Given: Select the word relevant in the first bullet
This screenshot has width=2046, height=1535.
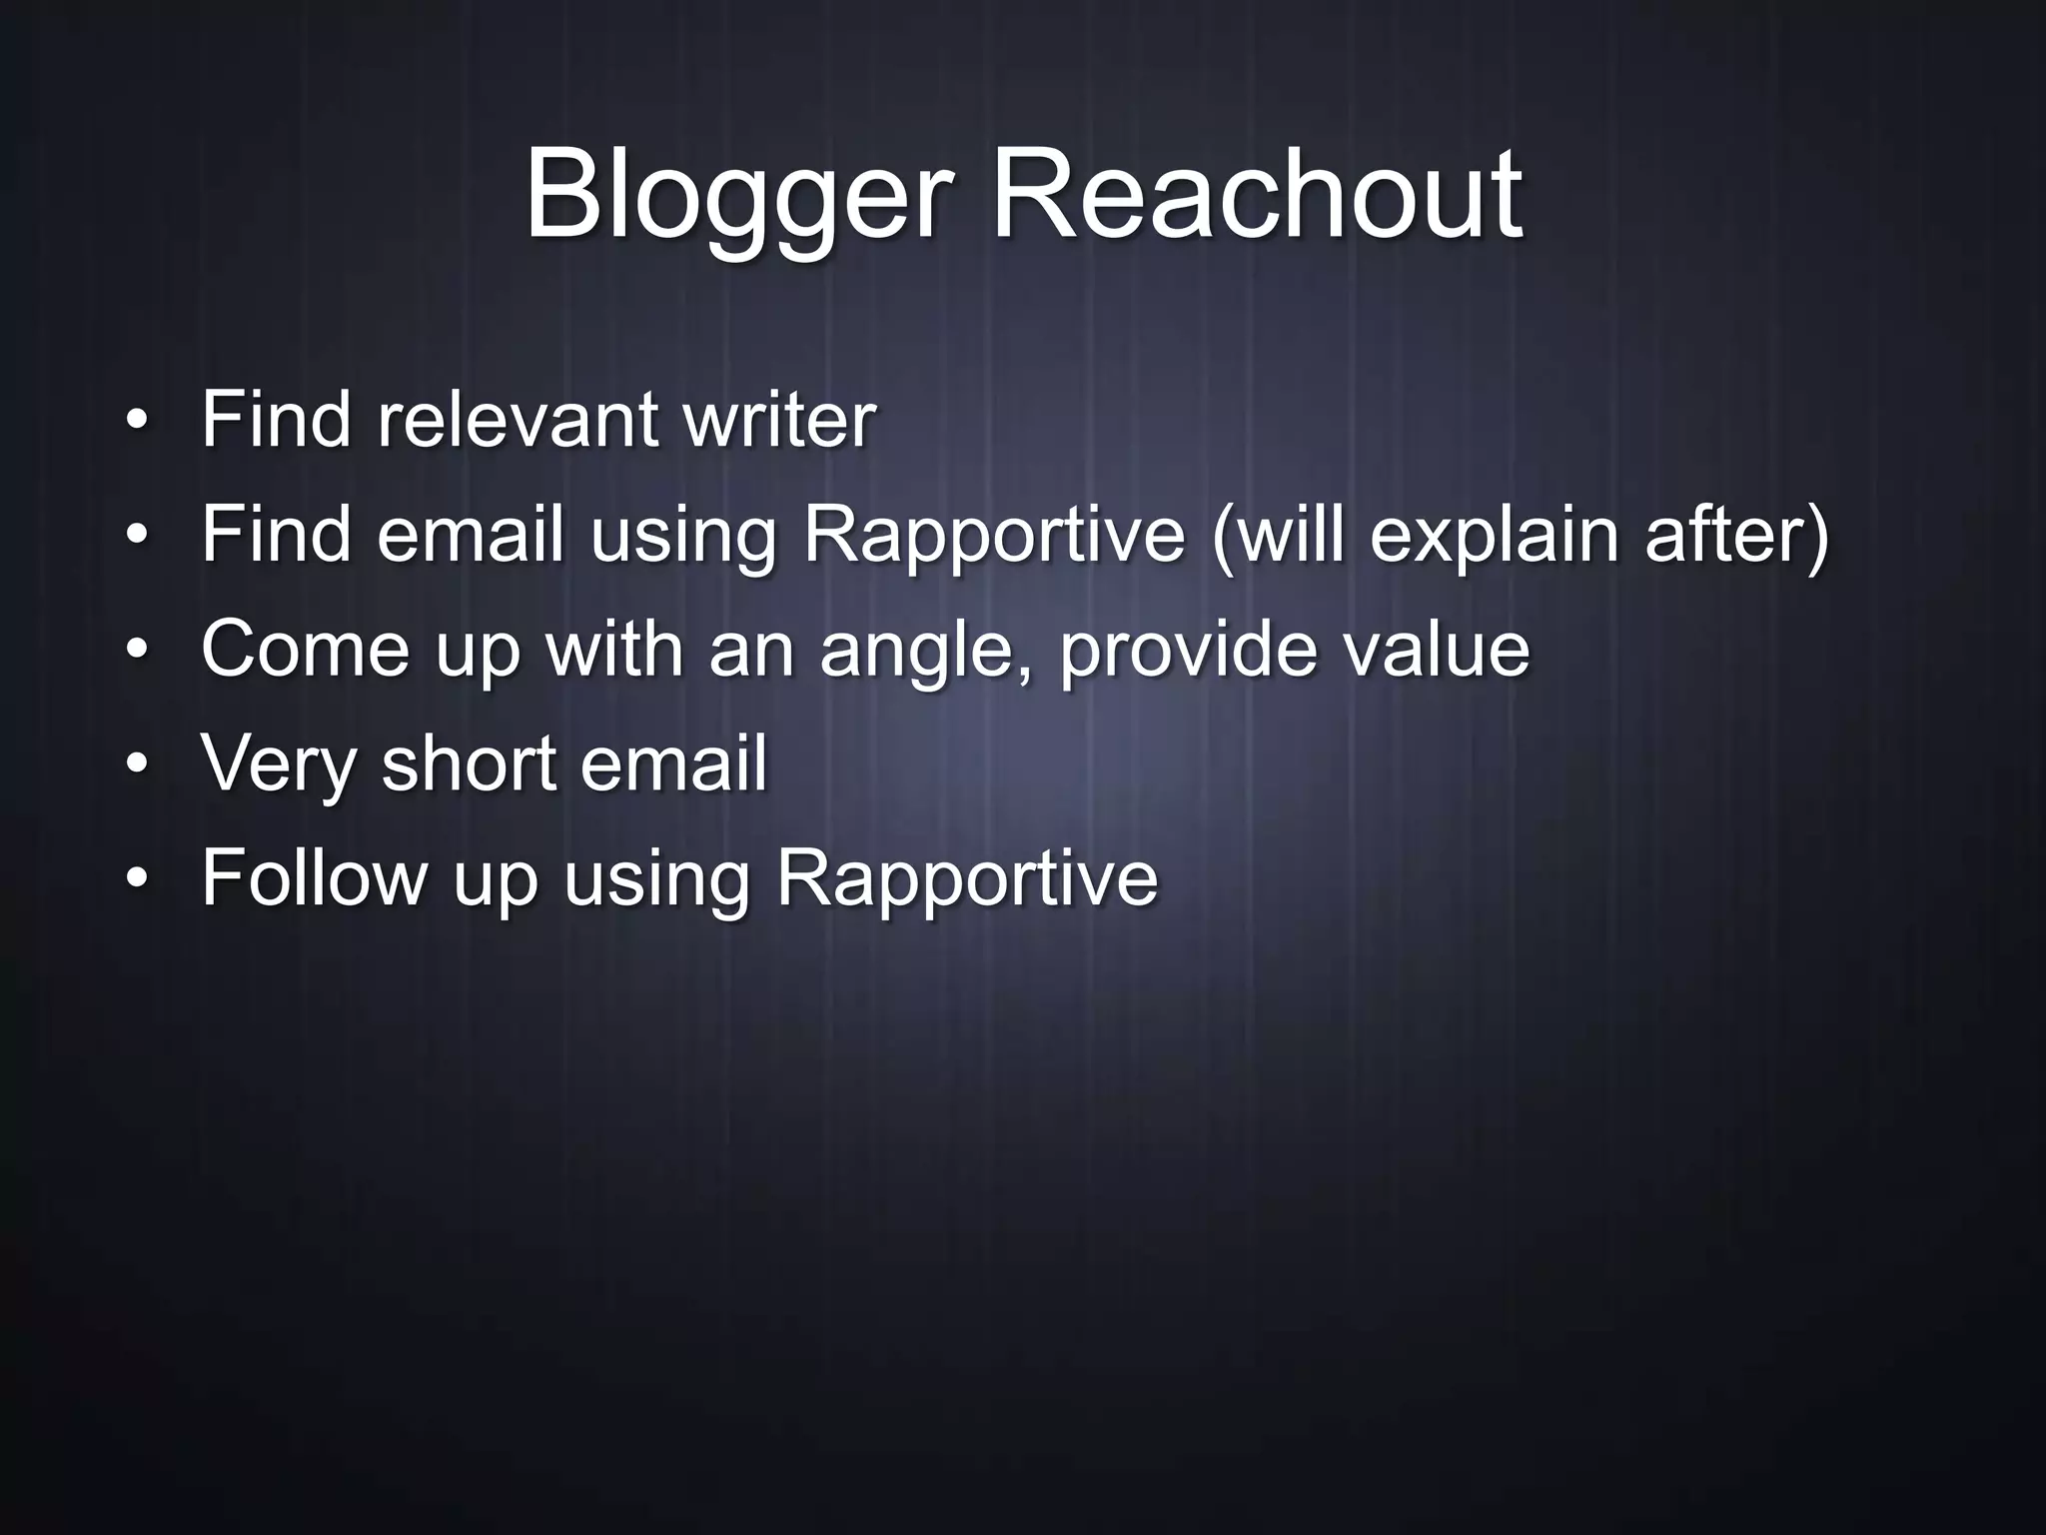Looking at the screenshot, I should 516,420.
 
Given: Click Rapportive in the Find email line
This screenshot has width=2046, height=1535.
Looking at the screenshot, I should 993,535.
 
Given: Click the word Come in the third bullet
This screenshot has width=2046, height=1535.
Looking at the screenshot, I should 306,650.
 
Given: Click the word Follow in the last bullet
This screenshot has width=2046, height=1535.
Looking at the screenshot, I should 314,878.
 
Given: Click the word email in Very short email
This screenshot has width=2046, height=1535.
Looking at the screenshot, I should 673,764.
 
